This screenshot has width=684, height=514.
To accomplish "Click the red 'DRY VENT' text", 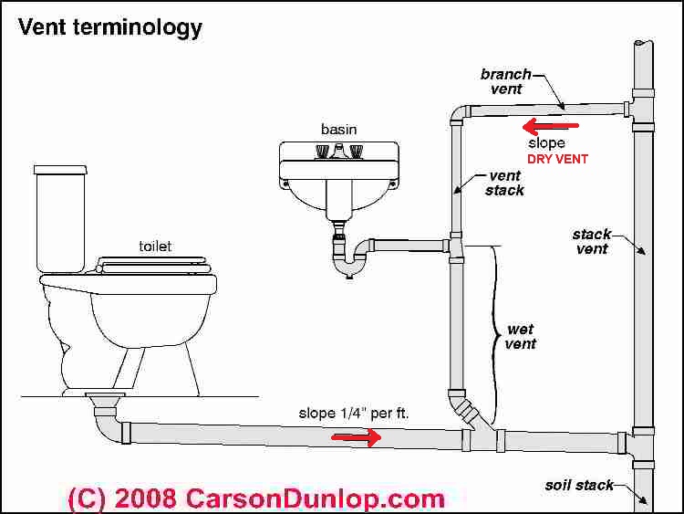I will click(556, 159).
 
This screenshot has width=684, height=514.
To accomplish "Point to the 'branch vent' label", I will click(502, 81).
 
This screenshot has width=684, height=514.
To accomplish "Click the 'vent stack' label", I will click(504, 183).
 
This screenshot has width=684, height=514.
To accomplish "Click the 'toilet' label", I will click(154, 246).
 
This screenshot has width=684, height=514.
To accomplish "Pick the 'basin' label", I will click(338, 129).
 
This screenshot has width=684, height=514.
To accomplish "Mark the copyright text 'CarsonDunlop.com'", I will click(315, 498).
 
